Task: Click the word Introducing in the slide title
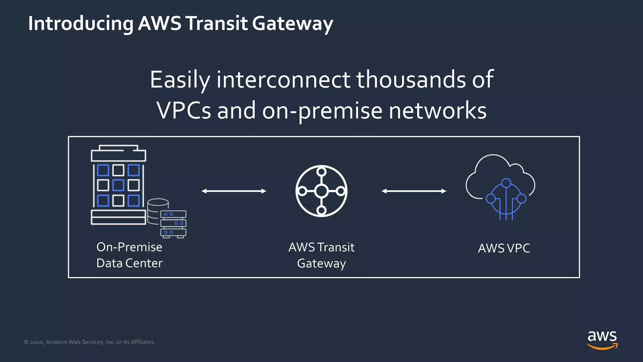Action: [x=81, y=24]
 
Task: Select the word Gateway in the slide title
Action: [x=292, y=24]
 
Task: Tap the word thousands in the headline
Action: [x=411, y=80]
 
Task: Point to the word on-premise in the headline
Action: [x=322, y=111]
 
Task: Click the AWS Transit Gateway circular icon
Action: [x=321, y=191]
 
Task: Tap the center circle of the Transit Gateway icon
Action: [x=321, y=191]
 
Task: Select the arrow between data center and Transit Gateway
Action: [x=234, y=191]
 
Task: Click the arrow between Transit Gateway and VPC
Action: [x=414, y=191]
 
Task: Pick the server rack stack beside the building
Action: [x=173, y=224]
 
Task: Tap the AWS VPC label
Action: [x=504, y=248]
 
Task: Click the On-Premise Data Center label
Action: [x=129, y=255]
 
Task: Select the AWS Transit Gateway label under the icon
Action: [x=321, y=255]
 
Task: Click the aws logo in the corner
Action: [x=602, y=339]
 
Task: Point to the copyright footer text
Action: [x=89, y=342]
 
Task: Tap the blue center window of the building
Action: [x=118, y=185]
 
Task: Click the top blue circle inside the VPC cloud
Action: [x=506, y=183]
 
